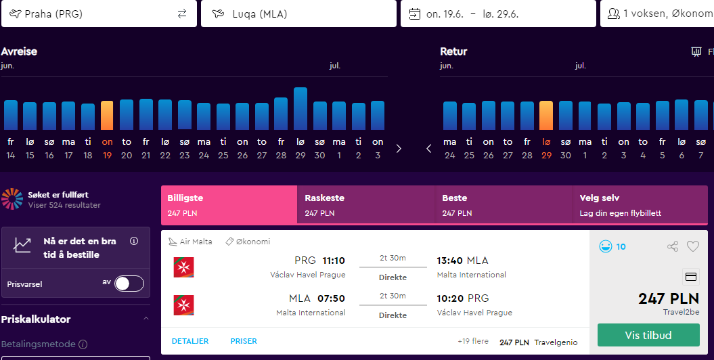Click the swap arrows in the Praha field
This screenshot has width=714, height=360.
click(182, 14)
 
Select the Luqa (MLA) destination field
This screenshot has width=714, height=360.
click(298, 14)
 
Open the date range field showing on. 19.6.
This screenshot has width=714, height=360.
click(498, 14)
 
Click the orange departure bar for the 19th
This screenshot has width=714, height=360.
click(107, 116)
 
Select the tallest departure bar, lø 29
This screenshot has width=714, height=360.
click(300, 109)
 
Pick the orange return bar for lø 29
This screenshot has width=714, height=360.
click(546, 116)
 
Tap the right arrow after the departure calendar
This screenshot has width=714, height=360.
click(399, 149)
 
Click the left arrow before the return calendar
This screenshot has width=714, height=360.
click(428, 149)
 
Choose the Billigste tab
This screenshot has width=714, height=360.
click(229, 205)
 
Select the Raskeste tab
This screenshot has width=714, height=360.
click(366, 205)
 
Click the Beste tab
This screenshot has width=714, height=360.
click(504, 205)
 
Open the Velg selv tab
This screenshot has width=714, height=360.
click(640, 205)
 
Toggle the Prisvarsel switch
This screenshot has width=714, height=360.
click(129, 284)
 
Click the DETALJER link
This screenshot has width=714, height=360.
click(190, 341)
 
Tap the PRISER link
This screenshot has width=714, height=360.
click(244, 341)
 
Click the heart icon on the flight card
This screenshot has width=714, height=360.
click(692, 247)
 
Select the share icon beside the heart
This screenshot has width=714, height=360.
click(673, 247)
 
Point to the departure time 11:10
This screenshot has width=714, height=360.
click(334, 261)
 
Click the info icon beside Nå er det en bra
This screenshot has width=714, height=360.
click(134, 241)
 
